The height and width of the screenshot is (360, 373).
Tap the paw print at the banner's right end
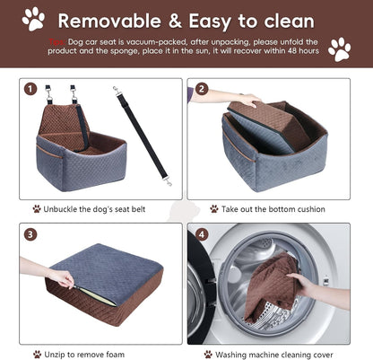pyautogui.click(x=339, y=48)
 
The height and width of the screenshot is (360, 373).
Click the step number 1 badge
pyautogui.click(x=31, y=90)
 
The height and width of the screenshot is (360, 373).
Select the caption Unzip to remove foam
pyautogui.click(x=90, y=354)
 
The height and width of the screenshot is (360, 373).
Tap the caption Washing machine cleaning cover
pyautogui.click(x=279, y=354)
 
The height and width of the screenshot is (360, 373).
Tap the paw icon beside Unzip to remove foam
pyautogui.click(x=37, y=354)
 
